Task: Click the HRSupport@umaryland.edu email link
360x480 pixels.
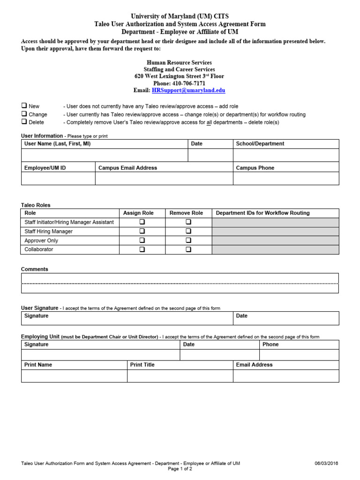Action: [x=188, y=90]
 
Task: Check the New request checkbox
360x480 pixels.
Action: [x=24, y=106]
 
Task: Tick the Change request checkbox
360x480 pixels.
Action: [x=24, y=114]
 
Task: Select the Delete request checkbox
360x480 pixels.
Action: [x=24, y=122]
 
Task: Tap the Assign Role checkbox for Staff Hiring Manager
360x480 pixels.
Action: [x=142, y=231]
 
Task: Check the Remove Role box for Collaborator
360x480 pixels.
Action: [x=188, y=249]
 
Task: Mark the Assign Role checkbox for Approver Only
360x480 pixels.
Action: [x=142, y=240]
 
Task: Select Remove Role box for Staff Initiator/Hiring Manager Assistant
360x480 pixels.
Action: [x=188, y=222]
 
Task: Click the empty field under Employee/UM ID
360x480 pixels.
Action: [x=58, y=179]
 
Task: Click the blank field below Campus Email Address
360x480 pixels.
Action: [x=164, y=179]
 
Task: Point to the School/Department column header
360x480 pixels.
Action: [x=260, y=144]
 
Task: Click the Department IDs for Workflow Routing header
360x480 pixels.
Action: [x=262, y=213]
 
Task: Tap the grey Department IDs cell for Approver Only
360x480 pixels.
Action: [x=275, y=240]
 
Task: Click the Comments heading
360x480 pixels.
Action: [x=35, y=269]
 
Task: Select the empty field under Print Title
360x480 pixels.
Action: [x=180, y=376]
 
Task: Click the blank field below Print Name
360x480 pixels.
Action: [x=74, y=376]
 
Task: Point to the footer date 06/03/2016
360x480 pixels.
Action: [x=326, y=464]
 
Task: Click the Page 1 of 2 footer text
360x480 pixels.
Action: [x=180, y=469]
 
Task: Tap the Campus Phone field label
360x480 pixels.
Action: [x=255, y=168]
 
